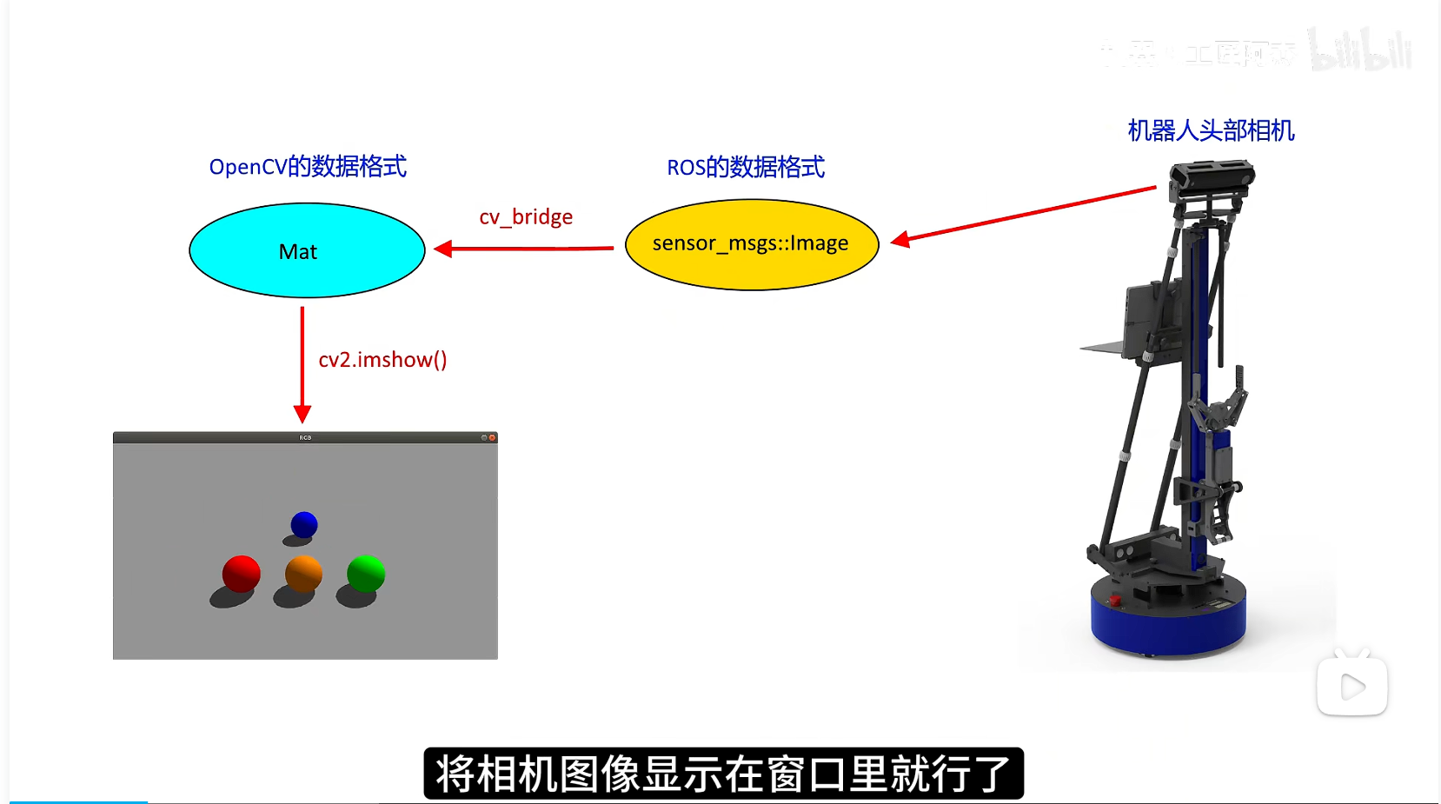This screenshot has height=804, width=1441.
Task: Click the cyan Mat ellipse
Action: pyautogui.click(x=306, y=250)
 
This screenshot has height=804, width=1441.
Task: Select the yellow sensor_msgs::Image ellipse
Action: pyautogui.click(x=752, y=244)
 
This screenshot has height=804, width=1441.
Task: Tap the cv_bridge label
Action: pyautogui.click(x=526, y=216)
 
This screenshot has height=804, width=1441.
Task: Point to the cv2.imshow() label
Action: pyautogui.click(x=382, y=360)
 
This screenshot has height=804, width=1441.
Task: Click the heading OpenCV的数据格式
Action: pyautogui.click(x=308, y=166)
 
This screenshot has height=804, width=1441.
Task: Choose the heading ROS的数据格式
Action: pyautogui.click(x=746, y=167)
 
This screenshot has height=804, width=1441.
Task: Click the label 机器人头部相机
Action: pyautogui.click(x=1211, y=130)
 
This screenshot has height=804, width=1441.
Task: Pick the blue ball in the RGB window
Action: pyautogui.click(x=304, y=524)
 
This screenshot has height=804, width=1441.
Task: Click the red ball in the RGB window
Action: pyautogui.click(x=241, y=574)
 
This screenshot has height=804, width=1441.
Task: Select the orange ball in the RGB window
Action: pyautogui.click(x=303, y=574)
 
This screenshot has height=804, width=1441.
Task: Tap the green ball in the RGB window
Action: pyautogui.click(x=366, y=574)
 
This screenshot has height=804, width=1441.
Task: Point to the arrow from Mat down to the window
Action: pyautogui.click(x=302, y=365)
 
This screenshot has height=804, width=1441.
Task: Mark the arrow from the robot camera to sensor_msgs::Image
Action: pyautogui.click(x=1026, y=213)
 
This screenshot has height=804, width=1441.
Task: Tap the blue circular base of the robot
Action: pyautogui.click(x=1168, y=621)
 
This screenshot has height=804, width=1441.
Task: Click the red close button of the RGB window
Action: pyautogui.click(x=492, y=438)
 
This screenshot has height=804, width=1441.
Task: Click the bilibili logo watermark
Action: pyautogui.click(x=1360, y=50)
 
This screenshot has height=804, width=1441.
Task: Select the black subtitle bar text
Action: pyautogui.click(x=723, y=773)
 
